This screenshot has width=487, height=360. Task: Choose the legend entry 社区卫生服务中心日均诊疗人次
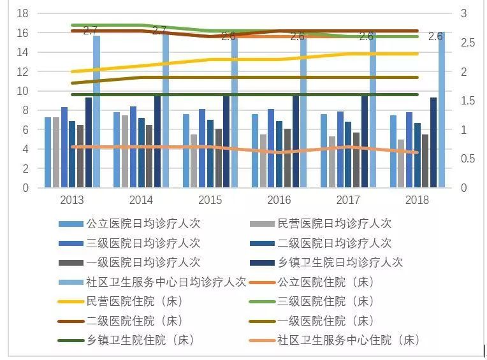pos(166,282)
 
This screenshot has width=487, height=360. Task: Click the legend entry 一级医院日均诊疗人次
pos(143,263)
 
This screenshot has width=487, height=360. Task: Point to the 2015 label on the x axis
pos(210,200)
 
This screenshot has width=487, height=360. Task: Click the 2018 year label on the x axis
pos(417,200)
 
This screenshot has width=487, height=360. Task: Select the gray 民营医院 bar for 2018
pos(401,164)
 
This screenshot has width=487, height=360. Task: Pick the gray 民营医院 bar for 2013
pos(56,152)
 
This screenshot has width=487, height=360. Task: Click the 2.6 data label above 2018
pos(435,37)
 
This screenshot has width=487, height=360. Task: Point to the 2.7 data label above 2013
pos(91,31)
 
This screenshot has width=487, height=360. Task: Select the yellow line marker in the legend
pos(70,301)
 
